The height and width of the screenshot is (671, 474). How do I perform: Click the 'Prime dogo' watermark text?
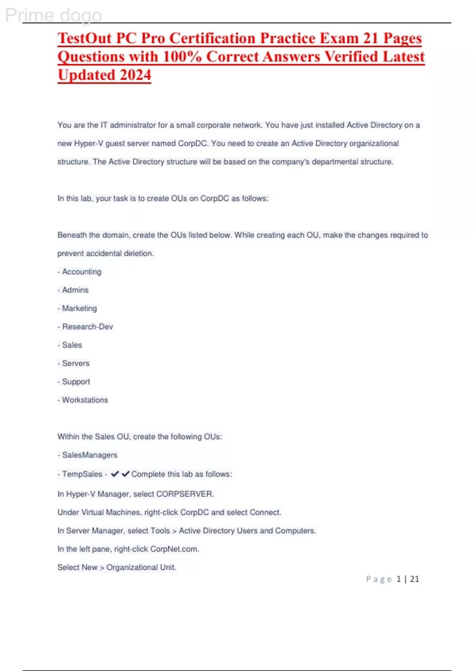click(53, 16)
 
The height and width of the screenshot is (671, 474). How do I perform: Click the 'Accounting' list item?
click(82, 272)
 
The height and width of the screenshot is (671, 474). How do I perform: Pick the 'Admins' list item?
click(75, 290)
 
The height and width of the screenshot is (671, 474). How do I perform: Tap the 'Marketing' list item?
click(79, 308)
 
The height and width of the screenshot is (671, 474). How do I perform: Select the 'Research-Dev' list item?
click(88, 327)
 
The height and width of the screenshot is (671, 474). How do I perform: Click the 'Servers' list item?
click(76, 364)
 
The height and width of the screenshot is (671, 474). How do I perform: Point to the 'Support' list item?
click(76, 382)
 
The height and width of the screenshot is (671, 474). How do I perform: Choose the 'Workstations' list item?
click(85, 400)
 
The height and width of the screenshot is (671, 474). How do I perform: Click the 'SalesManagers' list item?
click(90, 455)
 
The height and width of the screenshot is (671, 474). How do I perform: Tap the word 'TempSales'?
click(82, 474)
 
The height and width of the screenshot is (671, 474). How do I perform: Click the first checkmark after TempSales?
click(115, 474)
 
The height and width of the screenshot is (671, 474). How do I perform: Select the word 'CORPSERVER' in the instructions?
click(184, 494)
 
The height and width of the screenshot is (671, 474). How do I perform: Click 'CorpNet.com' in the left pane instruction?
click(174, 549)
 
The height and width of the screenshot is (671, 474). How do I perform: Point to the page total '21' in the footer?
click(414, 579)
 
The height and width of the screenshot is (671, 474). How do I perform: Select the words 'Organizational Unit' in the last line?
click(141, 567)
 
